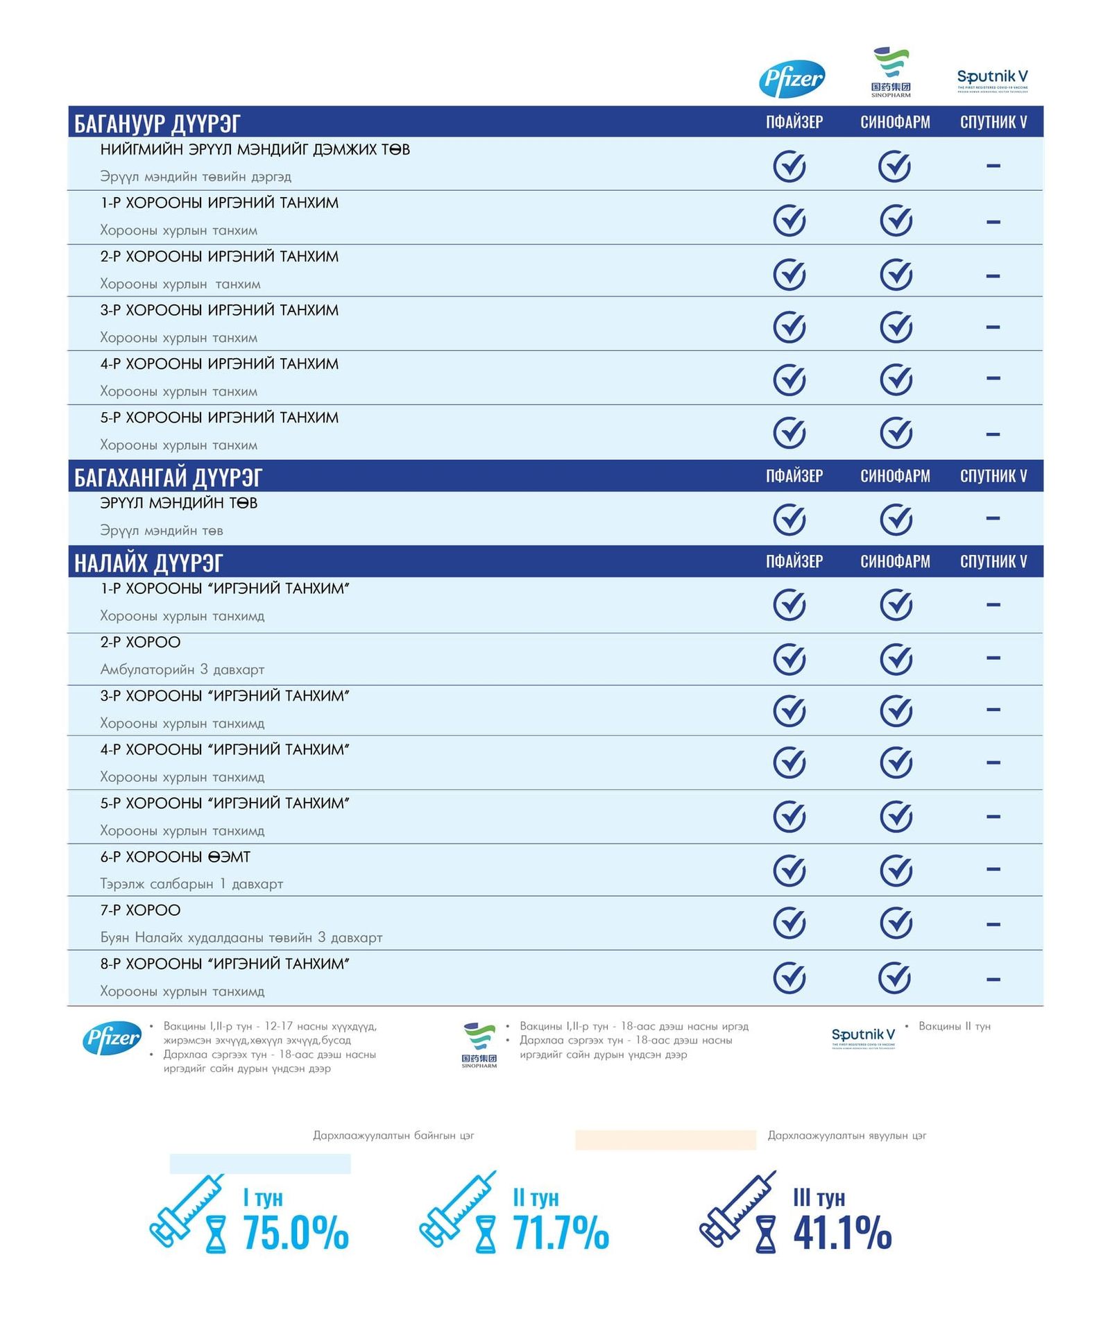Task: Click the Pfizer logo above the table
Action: [792, 79]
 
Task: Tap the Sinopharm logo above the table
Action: [891, 72]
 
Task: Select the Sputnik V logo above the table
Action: [992, 79]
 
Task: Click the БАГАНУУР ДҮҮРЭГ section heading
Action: [157, 123]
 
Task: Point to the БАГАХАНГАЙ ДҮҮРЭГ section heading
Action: [168, 477]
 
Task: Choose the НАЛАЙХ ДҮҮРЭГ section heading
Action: [148, 563]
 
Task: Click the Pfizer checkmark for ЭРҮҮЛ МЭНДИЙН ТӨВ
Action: [789, 520]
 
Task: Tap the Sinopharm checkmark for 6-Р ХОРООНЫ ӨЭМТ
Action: [896, 870]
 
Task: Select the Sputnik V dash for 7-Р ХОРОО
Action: [993, 924]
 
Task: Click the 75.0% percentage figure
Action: [296, 1233]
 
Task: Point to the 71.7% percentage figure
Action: [561, 1233]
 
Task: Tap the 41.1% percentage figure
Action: [842, 1233]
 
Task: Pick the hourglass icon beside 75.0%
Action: [216, 1234]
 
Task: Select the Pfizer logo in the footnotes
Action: [112, 1038]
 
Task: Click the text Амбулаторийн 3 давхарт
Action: [182, 670]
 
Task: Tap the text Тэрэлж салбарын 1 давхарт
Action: [191, 884]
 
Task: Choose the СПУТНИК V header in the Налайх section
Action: [993, 561]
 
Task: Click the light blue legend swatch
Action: [260, 1163]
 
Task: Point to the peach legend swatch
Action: [665, 1140]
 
